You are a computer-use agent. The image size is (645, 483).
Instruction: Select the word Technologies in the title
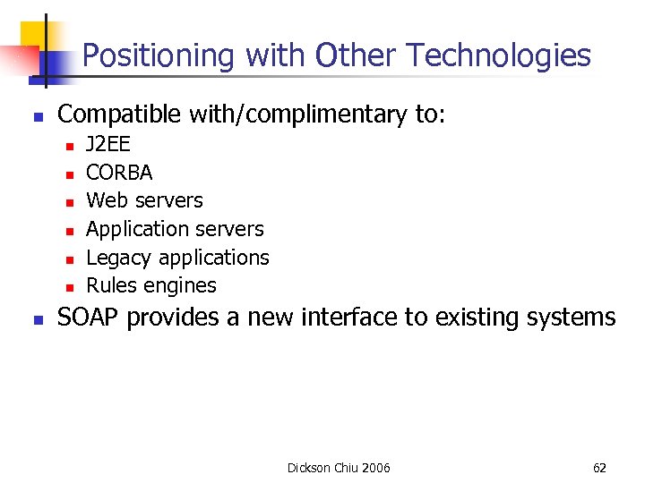coord(498,56)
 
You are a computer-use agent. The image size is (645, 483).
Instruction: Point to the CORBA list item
coord(119,172)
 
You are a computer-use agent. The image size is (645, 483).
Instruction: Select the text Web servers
coord(144,200)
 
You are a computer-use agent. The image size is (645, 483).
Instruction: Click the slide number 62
coord(599,468)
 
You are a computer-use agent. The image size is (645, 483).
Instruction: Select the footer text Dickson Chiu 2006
coord(339,468)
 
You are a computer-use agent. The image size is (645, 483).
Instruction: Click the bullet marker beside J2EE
coord(70,144)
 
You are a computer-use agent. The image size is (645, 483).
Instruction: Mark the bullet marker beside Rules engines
coord(70,287)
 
